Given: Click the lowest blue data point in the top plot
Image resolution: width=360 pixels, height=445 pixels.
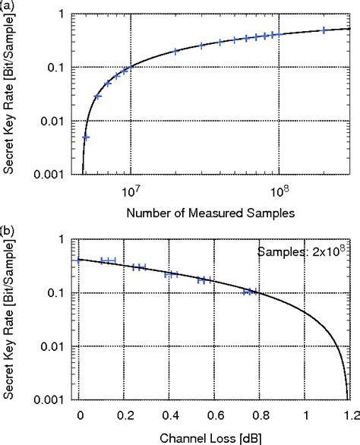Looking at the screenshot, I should pyautogui.click(x=86, y=137).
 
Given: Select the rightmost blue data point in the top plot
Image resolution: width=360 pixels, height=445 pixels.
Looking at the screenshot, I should pyautogui.click(x=324, y=30).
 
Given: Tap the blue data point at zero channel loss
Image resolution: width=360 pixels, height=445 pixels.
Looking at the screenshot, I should pyautogui.click(x=79, y=260).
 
